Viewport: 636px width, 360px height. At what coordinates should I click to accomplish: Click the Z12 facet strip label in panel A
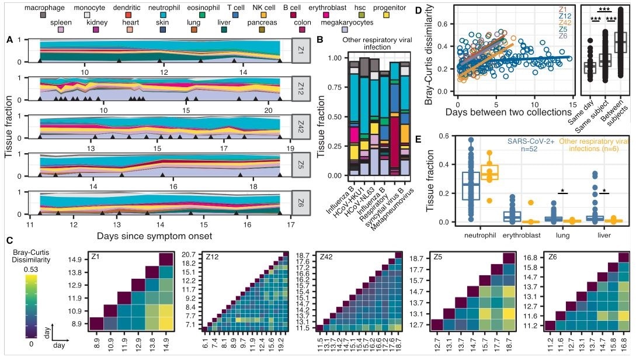pos(300,88)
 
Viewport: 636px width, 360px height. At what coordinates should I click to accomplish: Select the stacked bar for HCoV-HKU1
pos(364,116)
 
